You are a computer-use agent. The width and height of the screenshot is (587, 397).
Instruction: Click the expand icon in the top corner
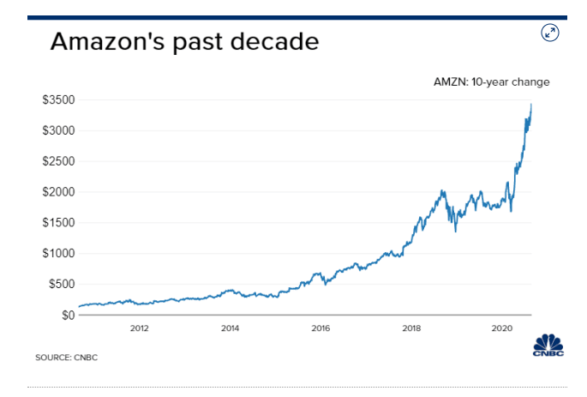(550, 33)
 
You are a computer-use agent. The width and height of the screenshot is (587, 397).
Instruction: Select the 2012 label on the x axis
(139, 328)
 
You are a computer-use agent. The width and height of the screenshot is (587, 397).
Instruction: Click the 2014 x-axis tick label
(230, 328)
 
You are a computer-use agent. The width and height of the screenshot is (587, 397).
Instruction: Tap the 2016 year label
(320, 328)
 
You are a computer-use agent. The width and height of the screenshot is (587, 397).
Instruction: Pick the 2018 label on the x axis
(411, 328)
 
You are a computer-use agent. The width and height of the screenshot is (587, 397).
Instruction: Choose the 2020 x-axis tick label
(502, 328)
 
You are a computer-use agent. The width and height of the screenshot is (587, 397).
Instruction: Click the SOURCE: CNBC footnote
(67, 357)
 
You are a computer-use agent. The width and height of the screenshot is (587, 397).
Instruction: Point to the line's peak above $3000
(531, 105)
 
